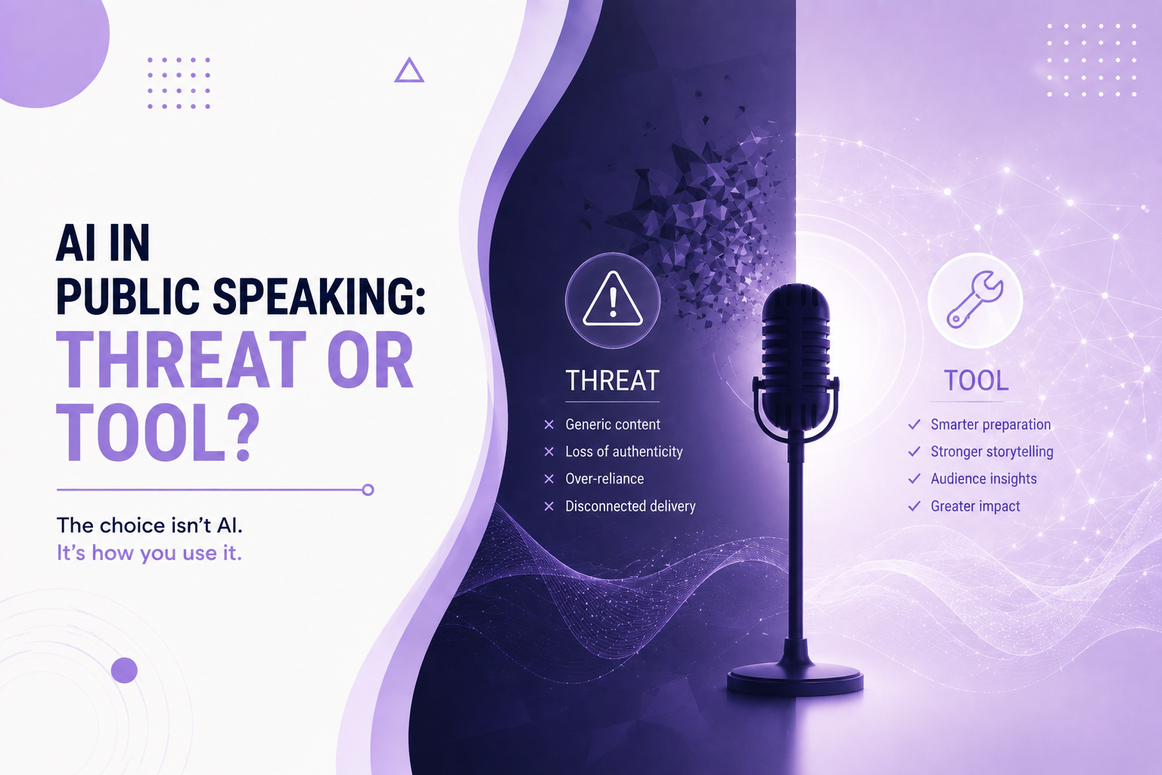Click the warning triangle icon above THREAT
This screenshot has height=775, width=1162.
(x=613, y=299)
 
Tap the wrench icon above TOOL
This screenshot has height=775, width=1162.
(x=975, y=300)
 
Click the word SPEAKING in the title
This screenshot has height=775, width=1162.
(x=318, y=297)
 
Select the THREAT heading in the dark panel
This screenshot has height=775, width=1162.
(x=612, y=381)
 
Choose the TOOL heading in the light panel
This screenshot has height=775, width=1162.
(x=977, y=381)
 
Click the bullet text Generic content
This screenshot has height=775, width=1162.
(x=613, y=425)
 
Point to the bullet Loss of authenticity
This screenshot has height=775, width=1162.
(x=624, y=452)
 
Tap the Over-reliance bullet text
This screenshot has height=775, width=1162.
(x=604, y=478)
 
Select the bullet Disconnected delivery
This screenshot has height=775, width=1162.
(x=630, y=506)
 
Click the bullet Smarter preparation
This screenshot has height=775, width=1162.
(x=990, y=425)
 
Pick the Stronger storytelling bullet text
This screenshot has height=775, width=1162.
(x=992, y=452)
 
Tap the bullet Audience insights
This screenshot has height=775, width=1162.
(x=983, y=478)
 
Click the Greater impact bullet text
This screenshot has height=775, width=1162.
(x=975, y=506)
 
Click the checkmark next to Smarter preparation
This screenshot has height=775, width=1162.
(x=914, y=425)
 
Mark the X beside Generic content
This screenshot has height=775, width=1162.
(x=548, y=425)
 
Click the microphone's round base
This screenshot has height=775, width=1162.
(x=795, y=679)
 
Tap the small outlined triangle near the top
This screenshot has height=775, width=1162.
(x=409, y=70)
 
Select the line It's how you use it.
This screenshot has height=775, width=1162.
(x=149, y=553)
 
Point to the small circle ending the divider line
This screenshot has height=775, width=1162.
(x=368, y=490)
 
